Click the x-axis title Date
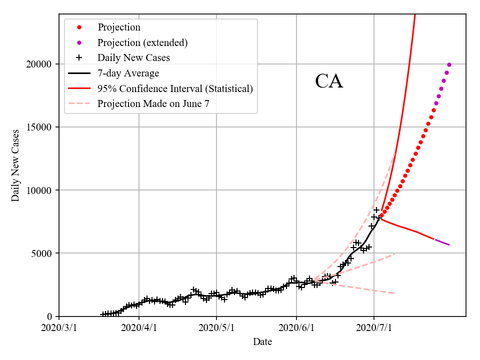pos(262,342)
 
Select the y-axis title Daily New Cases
pos(15,165)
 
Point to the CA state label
pos(329,81)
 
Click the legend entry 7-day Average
pos(128,73)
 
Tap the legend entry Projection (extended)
pos(142,42)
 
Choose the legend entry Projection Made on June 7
pos(156,104)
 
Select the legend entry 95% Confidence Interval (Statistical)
pos(175,88)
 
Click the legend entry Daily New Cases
pos(133,58)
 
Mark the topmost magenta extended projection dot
pos(449,64)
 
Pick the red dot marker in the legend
pos(78,27)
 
